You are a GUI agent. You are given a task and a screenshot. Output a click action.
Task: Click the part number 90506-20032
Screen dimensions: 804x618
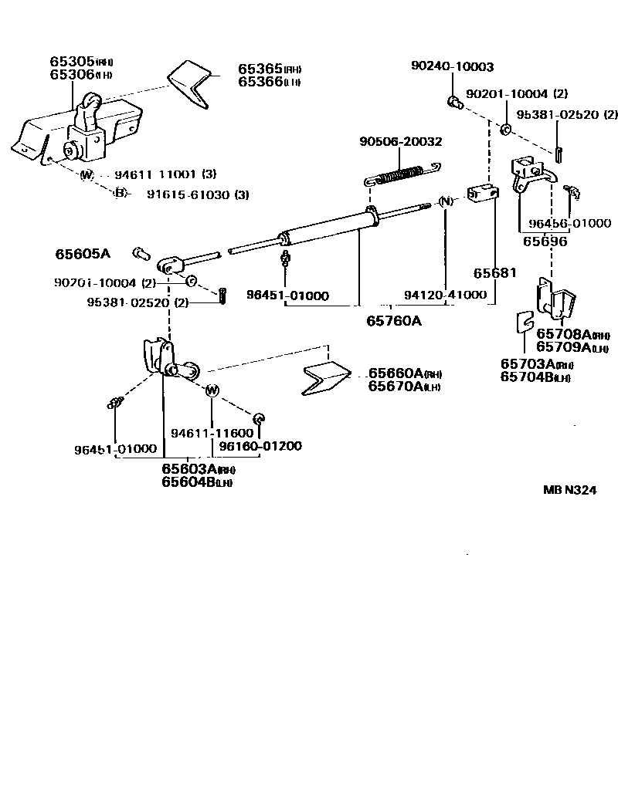pyautogui.click(x=400, y=141)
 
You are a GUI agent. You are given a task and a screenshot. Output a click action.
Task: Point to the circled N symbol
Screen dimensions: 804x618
pyautogui.click(x=445, y=202)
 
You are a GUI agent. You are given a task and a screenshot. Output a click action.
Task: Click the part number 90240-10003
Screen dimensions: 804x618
pyautogui.click(x=452, y=67)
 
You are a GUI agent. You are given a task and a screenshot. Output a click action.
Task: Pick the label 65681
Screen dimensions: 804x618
pyautogui.click(x=495, y=273)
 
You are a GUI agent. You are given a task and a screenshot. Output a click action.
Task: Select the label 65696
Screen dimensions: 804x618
pyautogui.click(x=545, y=241)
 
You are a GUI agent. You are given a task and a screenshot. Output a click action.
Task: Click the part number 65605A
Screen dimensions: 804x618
pyautogui.click(x=83, y=253)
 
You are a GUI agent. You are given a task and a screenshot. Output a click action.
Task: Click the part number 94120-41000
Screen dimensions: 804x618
pyautogui.click(x=446, y=295)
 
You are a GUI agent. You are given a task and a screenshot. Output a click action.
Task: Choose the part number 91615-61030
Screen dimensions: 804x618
pyautogui.click(x=188, y=194)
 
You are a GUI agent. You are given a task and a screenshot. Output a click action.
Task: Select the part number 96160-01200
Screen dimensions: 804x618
pyautogui.click(x=260, y=446)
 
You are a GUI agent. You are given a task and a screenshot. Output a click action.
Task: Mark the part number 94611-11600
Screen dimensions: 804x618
pyautogui.click(x=212, y=434)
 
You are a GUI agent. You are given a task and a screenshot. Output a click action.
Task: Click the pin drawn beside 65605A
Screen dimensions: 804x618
pyautogui.click(x=140, y=252)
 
